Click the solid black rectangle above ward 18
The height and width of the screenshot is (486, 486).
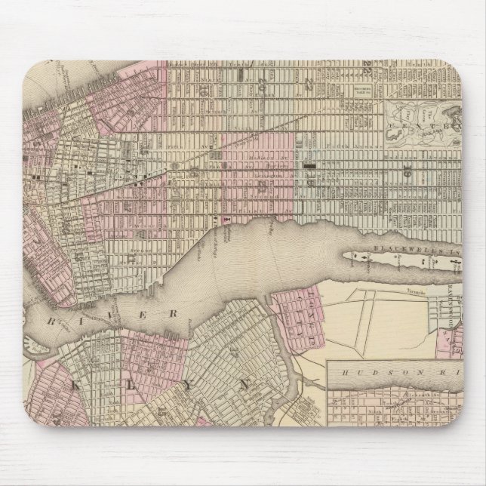[309, 164]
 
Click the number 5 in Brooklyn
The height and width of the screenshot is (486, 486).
[162, 412]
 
